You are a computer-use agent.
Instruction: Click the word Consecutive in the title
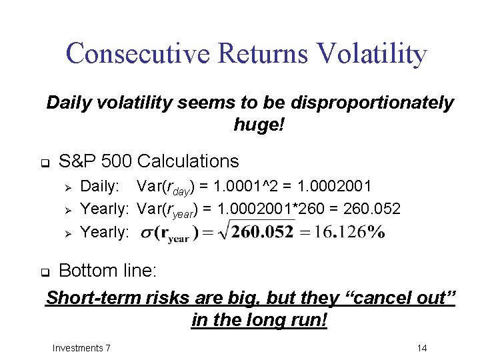tap(131, 54)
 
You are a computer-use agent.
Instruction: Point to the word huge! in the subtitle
tap(259, 124)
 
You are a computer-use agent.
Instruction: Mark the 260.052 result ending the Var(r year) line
tap(372, 209)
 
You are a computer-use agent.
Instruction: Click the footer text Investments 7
tap(81, 348)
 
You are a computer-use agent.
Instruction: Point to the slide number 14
tap(421, 348)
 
